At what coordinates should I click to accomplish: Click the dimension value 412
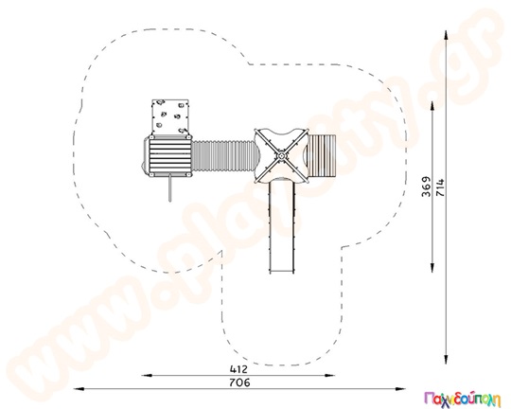[x=238, y=369]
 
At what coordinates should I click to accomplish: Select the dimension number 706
[x=239, y=382]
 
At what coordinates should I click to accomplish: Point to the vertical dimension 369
[x=426, y=187]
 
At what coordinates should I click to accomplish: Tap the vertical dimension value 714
[x=440, y=187]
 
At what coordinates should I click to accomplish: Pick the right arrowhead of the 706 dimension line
[x=400, y=389]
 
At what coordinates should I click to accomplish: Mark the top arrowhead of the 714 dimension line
[x=446, y=36]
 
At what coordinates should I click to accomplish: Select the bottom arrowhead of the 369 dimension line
[x=432, y=267]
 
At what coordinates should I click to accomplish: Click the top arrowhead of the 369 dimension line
[x=432, y=106]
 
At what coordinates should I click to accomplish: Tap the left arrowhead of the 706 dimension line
[x=79, y=389]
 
